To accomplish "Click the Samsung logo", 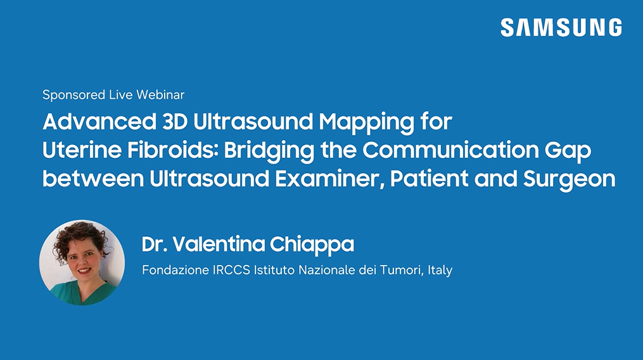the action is (561, 27).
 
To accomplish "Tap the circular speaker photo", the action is (82, 262).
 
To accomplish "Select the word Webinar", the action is (160, 95).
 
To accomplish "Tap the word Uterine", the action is (82, 150).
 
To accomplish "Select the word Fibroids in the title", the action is (172, 150).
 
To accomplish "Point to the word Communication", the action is (450, 150).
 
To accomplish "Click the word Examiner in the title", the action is (330, 179).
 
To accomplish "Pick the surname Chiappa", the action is (312, 245).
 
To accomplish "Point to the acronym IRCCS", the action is (231, 270).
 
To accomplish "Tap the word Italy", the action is (440, 271).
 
